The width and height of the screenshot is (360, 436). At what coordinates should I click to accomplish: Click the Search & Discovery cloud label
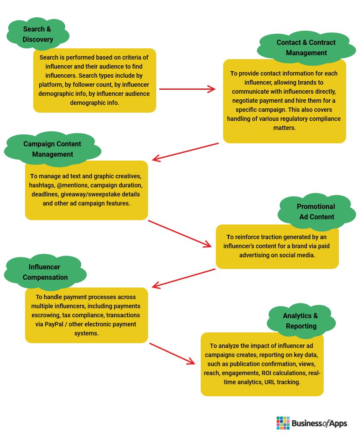click(x=38, y=34)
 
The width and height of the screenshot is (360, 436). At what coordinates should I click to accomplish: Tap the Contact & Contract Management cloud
click(x=306, y=47)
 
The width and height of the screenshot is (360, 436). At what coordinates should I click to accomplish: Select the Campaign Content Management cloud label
click(x=53, y=149)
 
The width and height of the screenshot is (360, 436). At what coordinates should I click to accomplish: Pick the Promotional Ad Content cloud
click(x=317, y=212)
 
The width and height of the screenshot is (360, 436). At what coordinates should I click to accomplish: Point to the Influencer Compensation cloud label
click(x=45, y=272)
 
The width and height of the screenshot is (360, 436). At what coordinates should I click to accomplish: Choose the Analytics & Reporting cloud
click(x=301, y=321)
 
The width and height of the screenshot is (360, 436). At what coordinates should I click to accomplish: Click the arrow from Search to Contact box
click(x=187, y=89)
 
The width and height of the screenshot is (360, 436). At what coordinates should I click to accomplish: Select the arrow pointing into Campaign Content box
click(x=185, y=152)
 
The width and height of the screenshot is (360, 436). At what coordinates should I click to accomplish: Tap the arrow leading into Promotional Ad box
click(x=180, y=234)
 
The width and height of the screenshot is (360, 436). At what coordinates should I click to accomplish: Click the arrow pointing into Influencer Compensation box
click(x=183, y=278)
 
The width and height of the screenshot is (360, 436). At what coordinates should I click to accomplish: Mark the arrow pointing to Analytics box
click(x=172, y=354)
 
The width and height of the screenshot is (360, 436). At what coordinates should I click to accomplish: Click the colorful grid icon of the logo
click(x=283, y=423)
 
